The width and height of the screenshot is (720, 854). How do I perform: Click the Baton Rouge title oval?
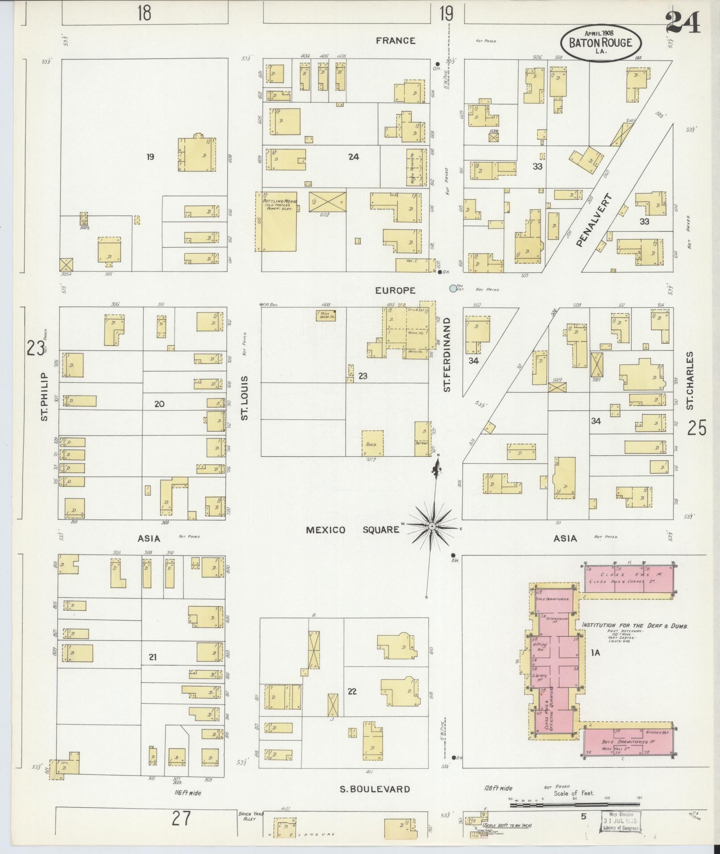pos(601,43)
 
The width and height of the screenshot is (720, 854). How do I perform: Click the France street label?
pos(395,41)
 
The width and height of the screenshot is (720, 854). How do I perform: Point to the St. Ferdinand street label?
pos(447,354)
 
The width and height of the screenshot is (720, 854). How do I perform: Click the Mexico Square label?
pos(353,530)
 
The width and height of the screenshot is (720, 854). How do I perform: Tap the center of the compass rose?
pos(432,527)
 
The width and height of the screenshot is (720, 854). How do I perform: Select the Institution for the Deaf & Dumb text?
pos(634,625)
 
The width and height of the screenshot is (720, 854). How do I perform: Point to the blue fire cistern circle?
pos(454,288)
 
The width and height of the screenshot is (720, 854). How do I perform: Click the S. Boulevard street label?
pos(375,789)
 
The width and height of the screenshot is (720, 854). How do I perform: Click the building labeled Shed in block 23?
pos(372,443)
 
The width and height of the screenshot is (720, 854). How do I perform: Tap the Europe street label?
pos(395,291)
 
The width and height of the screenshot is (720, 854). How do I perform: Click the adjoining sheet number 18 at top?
pos(144,13)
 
